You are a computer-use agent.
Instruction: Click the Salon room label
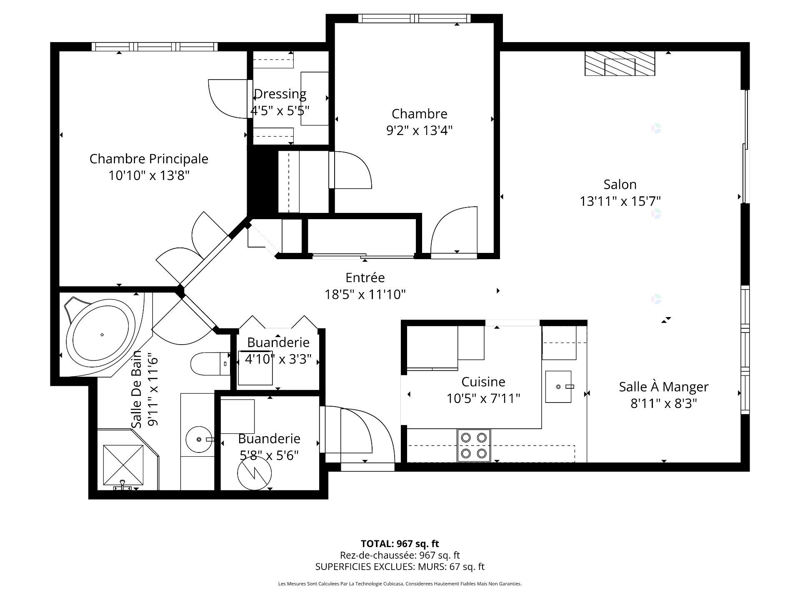tap(620, 185)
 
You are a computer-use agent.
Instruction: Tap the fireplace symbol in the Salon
tap(620, 64)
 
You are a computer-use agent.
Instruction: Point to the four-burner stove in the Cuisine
tap(474, 445)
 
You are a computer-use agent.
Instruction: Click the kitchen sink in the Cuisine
tap(558, 387)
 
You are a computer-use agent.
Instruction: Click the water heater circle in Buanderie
tap(254, 472)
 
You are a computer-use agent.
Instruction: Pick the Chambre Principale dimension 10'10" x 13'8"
tap(149, 176)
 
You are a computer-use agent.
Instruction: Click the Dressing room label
tap(280, 94)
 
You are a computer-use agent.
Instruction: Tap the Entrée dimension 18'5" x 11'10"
tap(365, 295)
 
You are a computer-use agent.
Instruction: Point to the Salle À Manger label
tap(663, 387)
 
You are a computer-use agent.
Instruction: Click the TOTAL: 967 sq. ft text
tap(400, 544)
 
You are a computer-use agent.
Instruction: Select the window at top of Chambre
tap(414, 18)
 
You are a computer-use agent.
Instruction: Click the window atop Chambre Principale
tap(154, 47)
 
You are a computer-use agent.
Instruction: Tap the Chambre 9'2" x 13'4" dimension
tap(419, 131)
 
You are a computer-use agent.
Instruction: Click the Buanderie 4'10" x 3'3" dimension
tap(278, 359)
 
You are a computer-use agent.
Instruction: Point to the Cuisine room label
tap(483, 382)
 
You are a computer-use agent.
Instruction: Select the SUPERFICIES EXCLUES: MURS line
tap(400, 567)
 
